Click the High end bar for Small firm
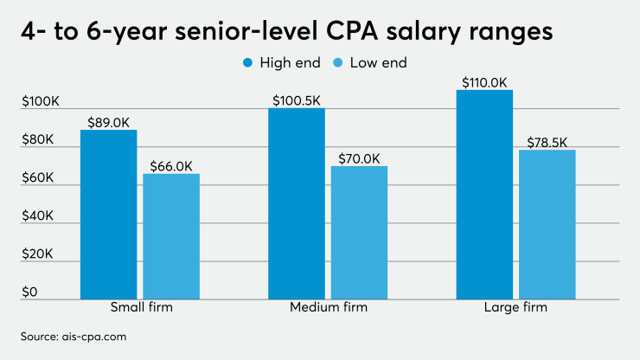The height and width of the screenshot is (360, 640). point(109,214)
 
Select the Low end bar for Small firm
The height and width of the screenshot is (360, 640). point(171,235)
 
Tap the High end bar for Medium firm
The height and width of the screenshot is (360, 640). point(297,202)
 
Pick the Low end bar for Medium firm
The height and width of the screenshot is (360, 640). point(359,232)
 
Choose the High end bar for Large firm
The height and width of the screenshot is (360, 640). point(484,194)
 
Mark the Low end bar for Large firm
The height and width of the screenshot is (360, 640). point(547,224)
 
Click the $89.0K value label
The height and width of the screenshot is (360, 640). point(109,121)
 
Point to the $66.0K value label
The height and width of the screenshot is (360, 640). point(171,165)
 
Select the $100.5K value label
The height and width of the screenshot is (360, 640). point(297,100)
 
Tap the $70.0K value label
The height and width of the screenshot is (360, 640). point(359,157)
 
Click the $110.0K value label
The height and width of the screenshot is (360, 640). point(484,81)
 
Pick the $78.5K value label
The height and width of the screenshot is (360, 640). point(547,141)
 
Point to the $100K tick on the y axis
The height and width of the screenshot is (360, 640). point(41,102)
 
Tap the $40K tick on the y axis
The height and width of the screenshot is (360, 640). point(39,217)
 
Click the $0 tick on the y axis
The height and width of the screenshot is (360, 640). point(30,293)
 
